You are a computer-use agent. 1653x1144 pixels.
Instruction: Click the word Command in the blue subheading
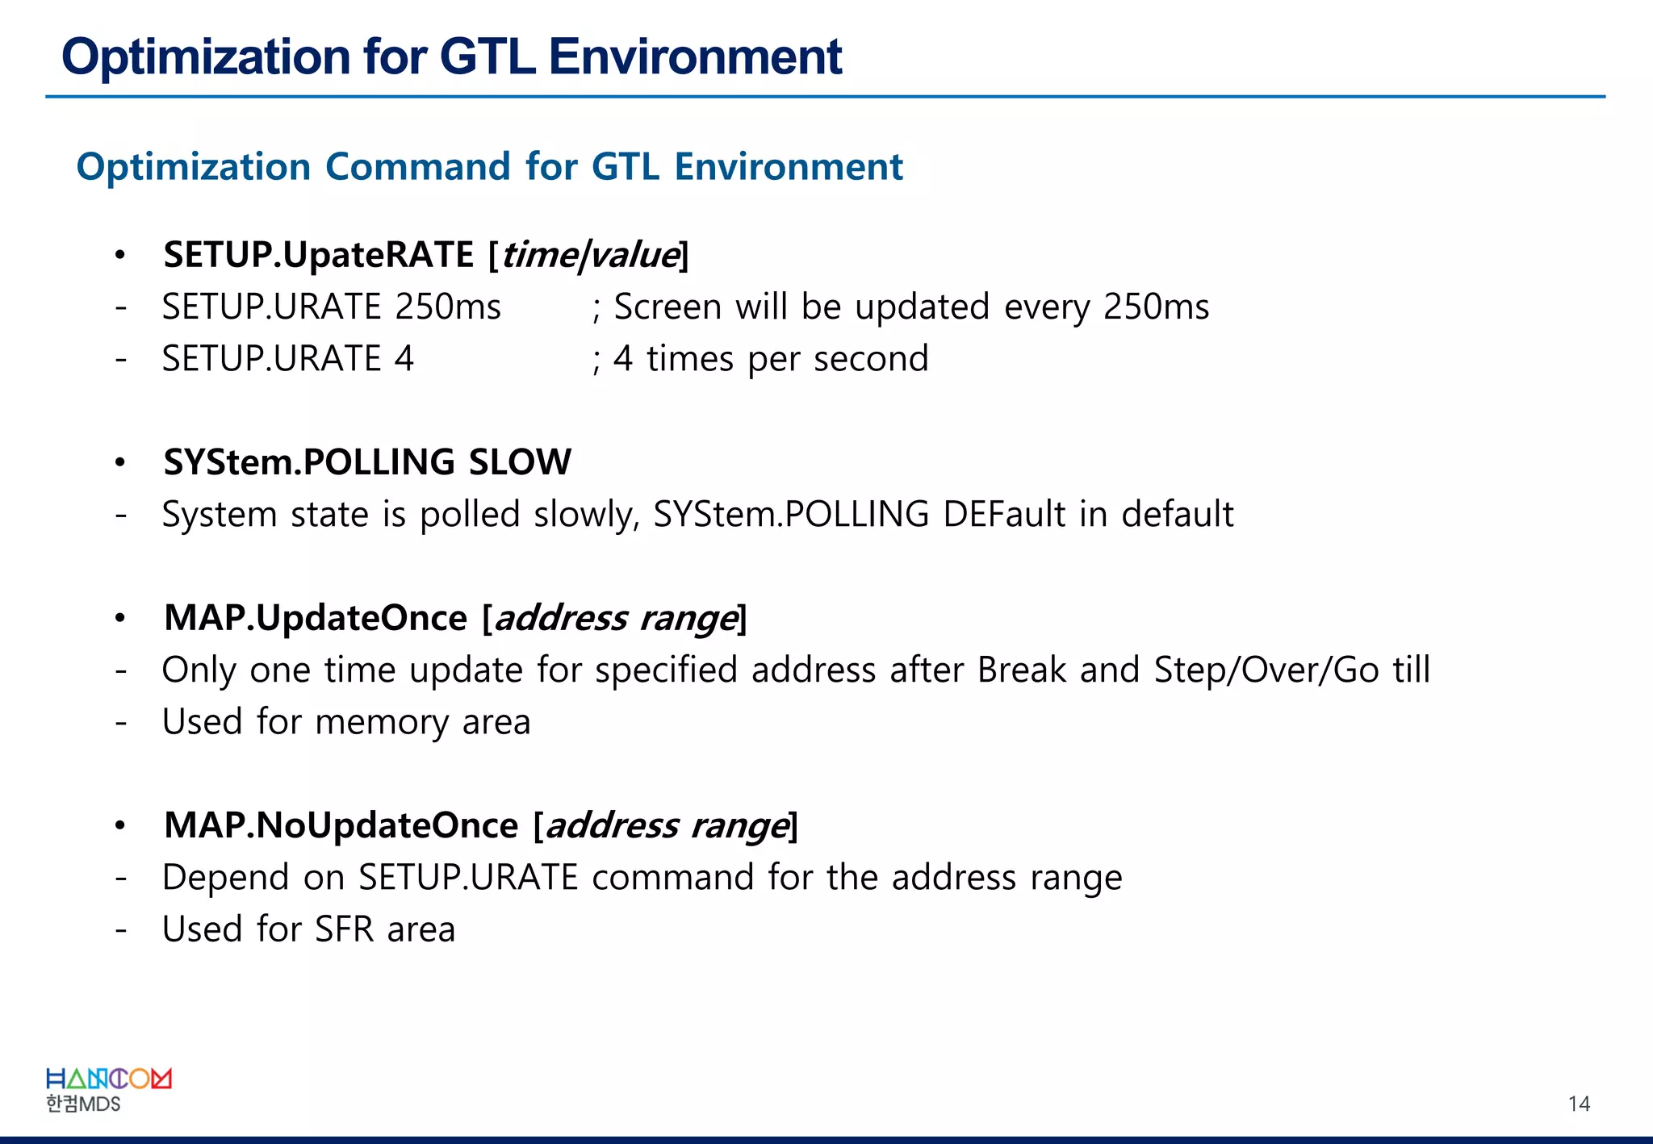[x=417, y=167]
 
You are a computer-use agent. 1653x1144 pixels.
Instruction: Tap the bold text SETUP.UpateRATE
[x=318, y=255]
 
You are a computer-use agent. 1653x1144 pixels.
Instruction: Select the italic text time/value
[x=589, y=256]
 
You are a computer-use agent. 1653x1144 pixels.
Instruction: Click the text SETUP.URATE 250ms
[x=331, y=307]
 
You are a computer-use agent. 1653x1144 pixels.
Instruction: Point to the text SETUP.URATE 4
[x=287, y=359]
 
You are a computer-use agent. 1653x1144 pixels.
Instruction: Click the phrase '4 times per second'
[x=770, y=359]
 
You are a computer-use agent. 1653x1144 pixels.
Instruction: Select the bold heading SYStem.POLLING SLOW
[x=367, y=462]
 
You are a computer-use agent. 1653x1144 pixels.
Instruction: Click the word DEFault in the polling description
[x=1003, y=515]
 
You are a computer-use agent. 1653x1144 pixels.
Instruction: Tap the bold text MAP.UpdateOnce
[x=316, y=618]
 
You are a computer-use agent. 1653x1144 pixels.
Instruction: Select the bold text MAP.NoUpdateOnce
[x=341, y=825]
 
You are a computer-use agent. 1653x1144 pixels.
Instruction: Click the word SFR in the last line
[x=344, y=929]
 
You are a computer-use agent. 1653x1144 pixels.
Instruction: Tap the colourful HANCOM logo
[x=108, y=1079]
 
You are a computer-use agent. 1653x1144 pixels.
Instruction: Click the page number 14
[x=1578, y=1104]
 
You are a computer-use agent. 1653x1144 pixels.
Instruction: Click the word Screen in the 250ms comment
[x=667, y=307]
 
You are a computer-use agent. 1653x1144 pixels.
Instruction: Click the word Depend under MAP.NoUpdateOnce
[x=225, y=878]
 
